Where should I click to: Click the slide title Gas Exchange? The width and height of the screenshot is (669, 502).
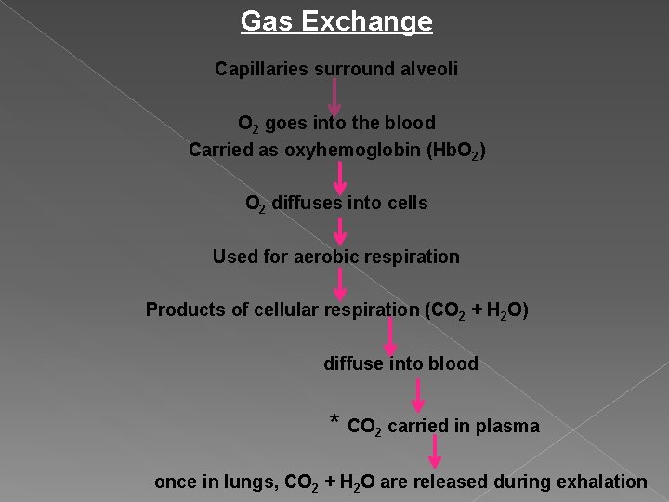click(x=336, y=21)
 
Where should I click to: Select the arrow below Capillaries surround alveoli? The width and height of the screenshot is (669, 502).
click(x=335, y=96)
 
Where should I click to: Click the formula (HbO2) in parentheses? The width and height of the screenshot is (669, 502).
click(x=454, y=150)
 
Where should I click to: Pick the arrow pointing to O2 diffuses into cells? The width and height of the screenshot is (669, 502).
click(x=341, y=177)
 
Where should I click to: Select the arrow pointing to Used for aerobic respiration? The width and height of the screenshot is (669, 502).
click(x=341, y=231)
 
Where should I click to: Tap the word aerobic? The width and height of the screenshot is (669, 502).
click(x=325, y=257)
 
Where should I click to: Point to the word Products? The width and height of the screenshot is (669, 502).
click(x=185, y=310)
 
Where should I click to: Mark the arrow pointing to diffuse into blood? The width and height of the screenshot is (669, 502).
click(x=391, y=337)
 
